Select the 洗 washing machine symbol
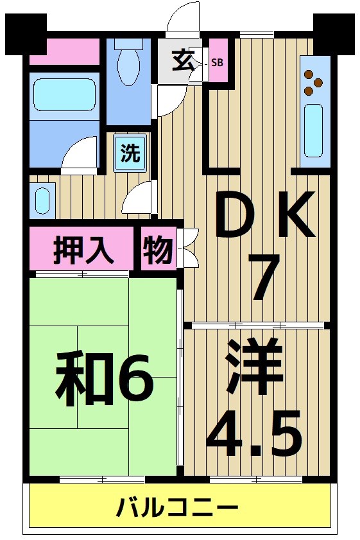coord(130,153)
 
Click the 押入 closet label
coord(83,250)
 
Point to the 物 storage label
coord(157,250)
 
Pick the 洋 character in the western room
coord(254,367)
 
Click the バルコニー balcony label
coord(177,509)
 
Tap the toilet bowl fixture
coord(129,65)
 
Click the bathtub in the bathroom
coord(64,96)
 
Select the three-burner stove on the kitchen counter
coord(314,78)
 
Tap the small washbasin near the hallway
coord(42,200)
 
